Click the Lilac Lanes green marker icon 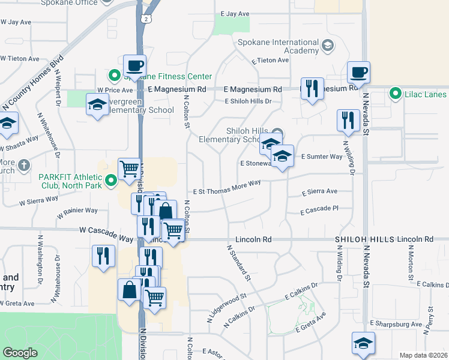[x=395, y=94]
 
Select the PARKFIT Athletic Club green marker [x=111, y=180]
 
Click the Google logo [x=20, y=352]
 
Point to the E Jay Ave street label [x=235, y=13]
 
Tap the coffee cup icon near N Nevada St [x=359, y=73]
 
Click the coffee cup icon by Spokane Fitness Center [x=134, y=65]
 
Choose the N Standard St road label [x=238, y=262]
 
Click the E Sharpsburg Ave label [x=396, y=323]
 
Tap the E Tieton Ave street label [x=271, y=61]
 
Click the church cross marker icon [x=23, y=165]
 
